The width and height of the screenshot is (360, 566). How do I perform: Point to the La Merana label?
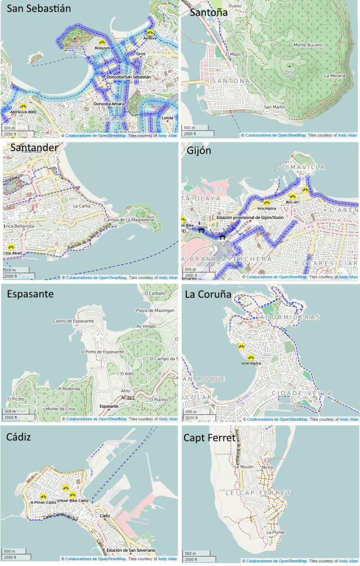[334, 76]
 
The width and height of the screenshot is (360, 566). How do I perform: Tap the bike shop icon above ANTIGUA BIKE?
[23, 107]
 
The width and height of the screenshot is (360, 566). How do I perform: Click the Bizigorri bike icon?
[102, 42]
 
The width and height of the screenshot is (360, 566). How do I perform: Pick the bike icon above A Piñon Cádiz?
[44, 497]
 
